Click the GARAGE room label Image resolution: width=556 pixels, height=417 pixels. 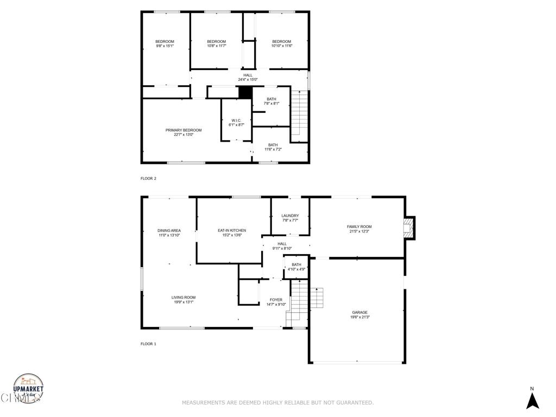click(x=359, y=312)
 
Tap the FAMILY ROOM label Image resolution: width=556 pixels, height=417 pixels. click(x=359, y=226)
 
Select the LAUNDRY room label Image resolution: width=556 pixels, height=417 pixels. click(x=290, y=216)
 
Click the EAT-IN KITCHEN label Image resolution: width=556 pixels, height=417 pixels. click(x=228, y=230)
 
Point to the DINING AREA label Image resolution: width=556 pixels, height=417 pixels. click(x=169, y=230)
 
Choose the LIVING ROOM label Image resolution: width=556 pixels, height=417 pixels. click(x=184, y=297)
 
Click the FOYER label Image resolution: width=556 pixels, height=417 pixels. click(x=276, y=299)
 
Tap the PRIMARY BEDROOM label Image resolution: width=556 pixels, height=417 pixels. click(x=184, y=130)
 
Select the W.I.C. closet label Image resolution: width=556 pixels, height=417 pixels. click(x=236, y=121)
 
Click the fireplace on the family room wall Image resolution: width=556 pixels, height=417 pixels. click(x=410, y=228)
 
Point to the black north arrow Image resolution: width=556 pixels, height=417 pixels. click(x=532, y=401)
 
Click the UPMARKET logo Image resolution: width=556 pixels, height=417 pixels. click(x=28, y=389)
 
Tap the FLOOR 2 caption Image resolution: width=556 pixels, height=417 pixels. click(x=148, y=178)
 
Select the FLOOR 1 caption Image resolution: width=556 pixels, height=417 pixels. click(x=148, y=344)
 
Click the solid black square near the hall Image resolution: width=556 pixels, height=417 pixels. click(x=245, y=93)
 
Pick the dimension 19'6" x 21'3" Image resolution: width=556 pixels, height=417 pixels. click(x=359, y=317)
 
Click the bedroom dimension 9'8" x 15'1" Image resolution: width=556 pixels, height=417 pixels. click(x=165, y=46)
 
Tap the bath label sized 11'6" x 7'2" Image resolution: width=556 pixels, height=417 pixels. click(x=273, y=145)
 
